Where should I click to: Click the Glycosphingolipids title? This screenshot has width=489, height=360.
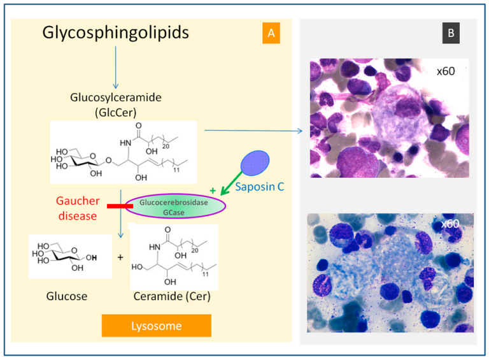coord(115,33)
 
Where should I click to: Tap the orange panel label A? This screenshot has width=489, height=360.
coord(271,32)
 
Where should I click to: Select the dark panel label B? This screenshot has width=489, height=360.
coord(451,32)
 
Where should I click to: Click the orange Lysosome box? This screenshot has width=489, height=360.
coord(156,326)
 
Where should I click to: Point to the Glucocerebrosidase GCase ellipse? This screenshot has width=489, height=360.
coord(175,206)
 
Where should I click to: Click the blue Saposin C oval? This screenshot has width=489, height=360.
coord(255,162)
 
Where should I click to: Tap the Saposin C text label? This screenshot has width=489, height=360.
coord(260,187)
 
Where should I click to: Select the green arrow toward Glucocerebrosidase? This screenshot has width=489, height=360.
coord(231,183)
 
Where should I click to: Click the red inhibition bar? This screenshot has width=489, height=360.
coord(120,206)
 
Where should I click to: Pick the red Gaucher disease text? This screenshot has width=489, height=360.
coord(78,208)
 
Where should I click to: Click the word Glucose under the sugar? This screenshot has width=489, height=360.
coord(67,296)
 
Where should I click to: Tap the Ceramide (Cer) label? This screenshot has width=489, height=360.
coord(172,296)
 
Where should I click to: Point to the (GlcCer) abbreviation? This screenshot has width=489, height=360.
coord(116,112)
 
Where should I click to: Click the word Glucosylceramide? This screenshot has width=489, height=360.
coord(116,97)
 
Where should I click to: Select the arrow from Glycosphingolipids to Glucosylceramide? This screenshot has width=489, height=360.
coord(116,68)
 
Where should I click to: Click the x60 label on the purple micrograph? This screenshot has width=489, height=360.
coord(446,71)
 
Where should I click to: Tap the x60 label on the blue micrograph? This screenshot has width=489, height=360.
coord(450,224)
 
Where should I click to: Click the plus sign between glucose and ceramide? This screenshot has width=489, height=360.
coord(120,257)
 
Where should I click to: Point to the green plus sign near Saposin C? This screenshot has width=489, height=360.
coord(213,191)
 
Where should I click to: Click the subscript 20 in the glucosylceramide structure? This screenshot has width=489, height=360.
coord(166,146)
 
